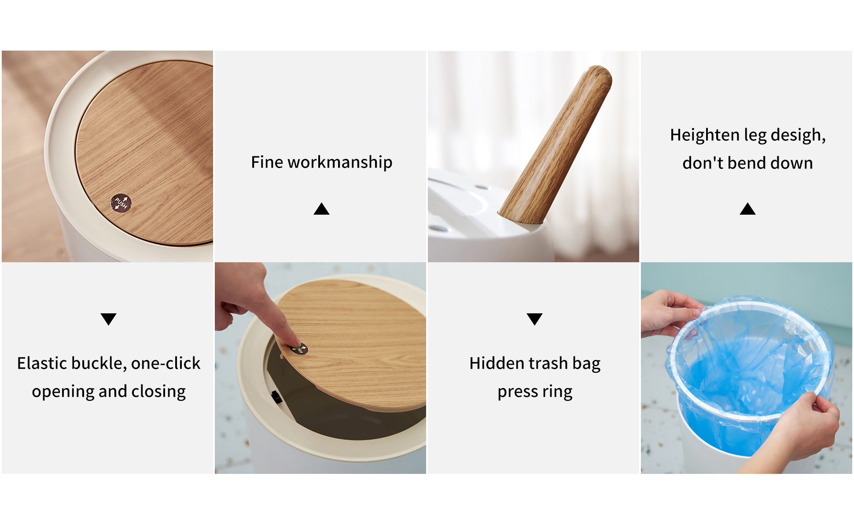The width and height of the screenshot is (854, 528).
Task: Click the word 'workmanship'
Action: point(340,162)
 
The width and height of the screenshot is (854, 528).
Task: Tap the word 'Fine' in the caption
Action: point(267,162)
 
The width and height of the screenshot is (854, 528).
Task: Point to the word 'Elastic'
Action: point(42,363)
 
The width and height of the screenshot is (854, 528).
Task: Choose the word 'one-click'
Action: point(166,363)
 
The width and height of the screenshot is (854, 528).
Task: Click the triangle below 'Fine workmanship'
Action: point(321,209)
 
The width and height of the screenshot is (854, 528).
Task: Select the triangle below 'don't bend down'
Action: point(747,209)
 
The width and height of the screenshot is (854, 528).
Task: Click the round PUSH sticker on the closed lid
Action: point(121,203)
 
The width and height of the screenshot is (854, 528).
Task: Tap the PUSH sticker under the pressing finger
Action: point(299,349)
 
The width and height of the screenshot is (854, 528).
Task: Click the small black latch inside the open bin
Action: point(276,397)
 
